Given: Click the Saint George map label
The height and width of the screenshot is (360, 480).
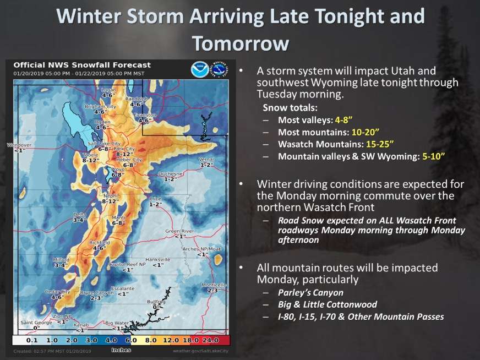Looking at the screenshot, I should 31,323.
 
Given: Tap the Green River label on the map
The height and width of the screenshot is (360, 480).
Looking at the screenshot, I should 180,231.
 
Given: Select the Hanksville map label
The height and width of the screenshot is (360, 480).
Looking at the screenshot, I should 157,259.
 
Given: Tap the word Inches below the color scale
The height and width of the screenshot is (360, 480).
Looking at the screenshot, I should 121,350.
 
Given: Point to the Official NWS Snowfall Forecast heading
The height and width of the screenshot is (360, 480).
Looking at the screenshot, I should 83,65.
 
